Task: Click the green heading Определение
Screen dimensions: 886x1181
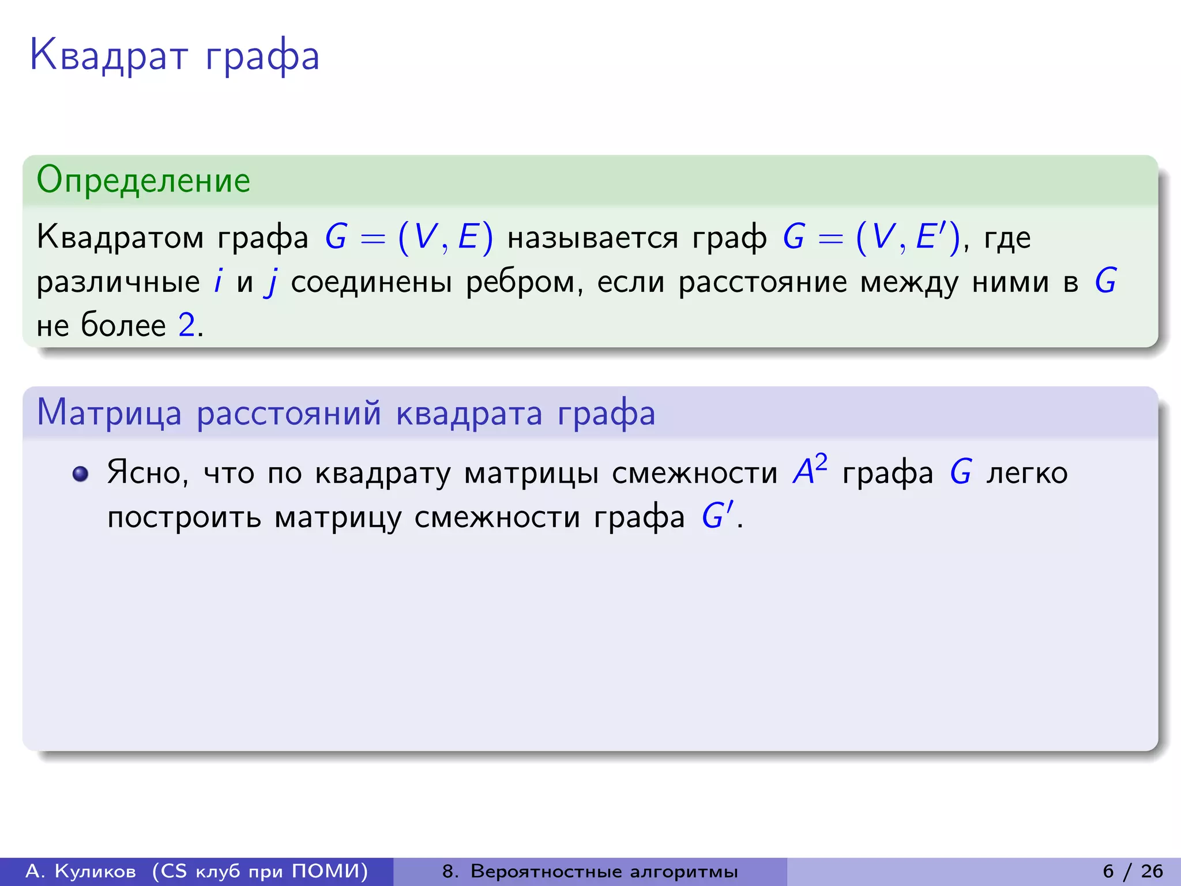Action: (x=143, y=180)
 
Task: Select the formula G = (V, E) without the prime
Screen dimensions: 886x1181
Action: (x=409, y=237)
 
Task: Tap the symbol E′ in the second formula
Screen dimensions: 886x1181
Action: (x=930, y=236)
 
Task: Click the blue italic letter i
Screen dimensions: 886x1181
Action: (x=218, y=281)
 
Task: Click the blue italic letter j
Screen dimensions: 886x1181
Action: (x=271, y=283)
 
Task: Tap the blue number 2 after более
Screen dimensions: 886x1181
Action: (x=186, y=325)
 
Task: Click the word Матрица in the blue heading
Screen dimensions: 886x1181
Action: (x=109, y=413)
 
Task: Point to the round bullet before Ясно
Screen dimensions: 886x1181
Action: (x=80, y=474)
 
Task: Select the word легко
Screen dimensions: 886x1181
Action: (x=1026, y=473)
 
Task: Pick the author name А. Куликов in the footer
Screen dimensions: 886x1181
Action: (x=81, y=871)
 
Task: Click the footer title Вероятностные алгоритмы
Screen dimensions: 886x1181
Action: (x=604, y=871)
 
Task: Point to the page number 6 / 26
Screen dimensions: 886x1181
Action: (x=1133, y=871)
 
